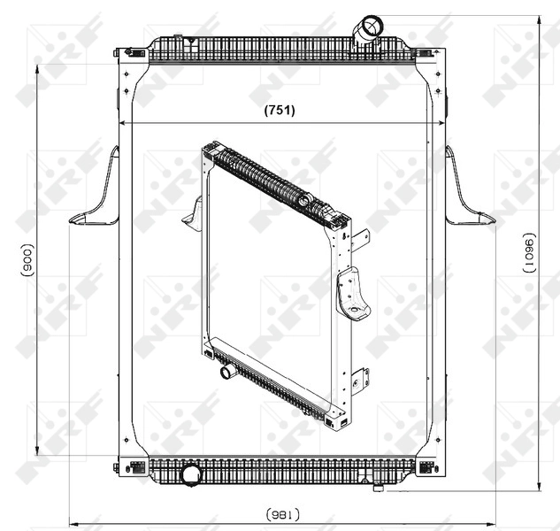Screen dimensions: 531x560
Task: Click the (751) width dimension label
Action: [x=280, y=111]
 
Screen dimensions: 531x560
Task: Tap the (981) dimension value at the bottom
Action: [x=280, y=513]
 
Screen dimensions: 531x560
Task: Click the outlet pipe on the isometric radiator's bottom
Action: [x=226, y=372]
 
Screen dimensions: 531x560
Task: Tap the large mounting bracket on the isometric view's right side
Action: [x=352, y=295]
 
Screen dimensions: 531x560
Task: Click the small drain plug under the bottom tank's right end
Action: [x=379, y=485]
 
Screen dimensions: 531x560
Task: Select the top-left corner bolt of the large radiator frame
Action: [x=117, y=53]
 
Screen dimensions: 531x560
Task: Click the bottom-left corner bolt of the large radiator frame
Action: [x=117, y=467]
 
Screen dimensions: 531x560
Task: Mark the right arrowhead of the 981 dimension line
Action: [x=490, y=520]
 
